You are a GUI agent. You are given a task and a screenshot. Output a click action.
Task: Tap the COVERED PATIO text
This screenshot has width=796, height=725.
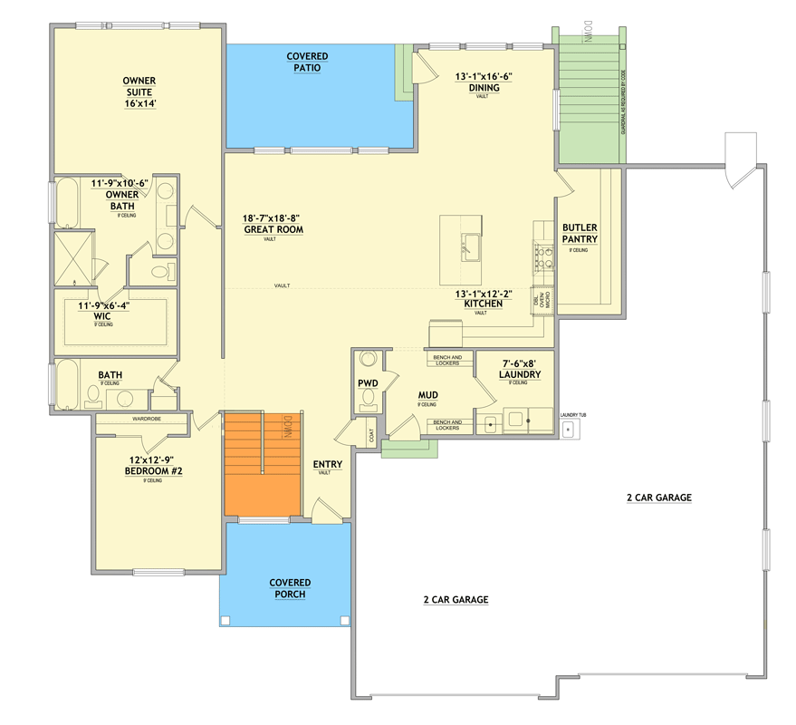(x=307, y=63)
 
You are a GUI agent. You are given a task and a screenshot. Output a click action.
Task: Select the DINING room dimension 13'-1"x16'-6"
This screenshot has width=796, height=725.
(x=484, y=77)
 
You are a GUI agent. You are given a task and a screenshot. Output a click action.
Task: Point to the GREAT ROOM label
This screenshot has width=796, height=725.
(x=273, y=229)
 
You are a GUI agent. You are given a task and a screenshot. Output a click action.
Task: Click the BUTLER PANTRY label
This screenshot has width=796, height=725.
(x=580, y=233)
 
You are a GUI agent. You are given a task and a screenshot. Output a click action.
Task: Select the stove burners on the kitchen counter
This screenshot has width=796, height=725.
(x=542, y=256)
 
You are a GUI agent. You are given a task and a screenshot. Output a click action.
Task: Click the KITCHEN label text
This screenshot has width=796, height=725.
(x=483, y=304)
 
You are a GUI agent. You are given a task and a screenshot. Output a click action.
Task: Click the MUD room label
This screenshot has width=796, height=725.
(x=428, y=396)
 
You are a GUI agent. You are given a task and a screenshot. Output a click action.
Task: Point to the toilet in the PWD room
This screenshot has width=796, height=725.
(x=368, y=360)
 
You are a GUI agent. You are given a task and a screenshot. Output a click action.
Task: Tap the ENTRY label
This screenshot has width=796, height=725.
(x=327, y=465)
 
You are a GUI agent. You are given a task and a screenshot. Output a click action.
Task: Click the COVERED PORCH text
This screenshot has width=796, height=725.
(x=290, y=588)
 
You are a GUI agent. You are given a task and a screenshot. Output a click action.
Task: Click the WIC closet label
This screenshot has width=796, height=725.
(x=101, y=316)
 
